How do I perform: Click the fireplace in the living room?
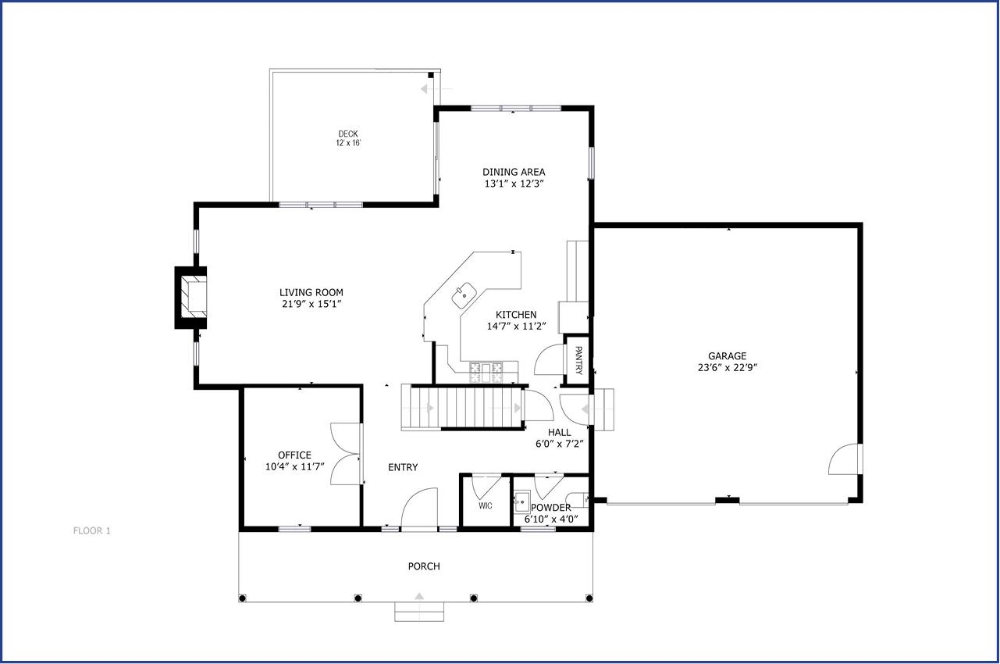190,298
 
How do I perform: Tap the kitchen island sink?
464,295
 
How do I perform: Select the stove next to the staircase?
486,372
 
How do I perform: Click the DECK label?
347,134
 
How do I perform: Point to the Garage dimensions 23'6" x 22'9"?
728,368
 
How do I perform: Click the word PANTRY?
578,360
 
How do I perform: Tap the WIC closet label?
486,505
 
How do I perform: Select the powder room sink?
521,502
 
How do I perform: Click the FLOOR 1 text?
91,531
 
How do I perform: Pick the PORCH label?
424,566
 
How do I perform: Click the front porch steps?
418,612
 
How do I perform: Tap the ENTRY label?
403,467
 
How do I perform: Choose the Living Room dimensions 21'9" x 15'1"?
311,305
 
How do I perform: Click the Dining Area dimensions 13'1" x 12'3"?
514,184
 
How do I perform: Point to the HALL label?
560,432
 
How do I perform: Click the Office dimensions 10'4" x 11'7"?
294,467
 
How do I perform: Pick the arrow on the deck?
436,89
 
